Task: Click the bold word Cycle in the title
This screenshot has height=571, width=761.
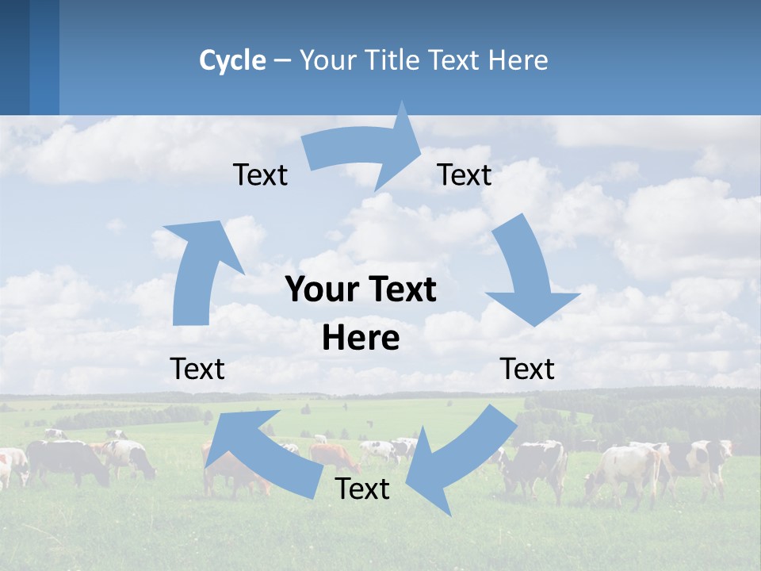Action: pyautogui.click(x=232, y=60)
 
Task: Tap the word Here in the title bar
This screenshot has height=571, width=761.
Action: pyautogui.click(x=518, y=60)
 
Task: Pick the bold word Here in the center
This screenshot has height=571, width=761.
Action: pyautogui.click(x=361, y=339)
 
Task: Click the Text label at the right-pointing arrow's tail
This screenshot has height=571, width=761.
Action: pyautogui.click(x=260, y=175)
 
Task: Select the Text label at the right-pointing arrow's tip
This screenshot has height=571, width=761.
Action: pyautogui.click(x=465, y=175)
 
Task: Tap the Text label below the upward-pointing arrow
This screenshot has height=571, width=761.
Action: pyautogui.click(x=197, y=369)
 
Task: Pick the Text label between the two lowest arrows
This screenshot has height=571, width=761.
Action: pyautogui.click(x=362, y=489)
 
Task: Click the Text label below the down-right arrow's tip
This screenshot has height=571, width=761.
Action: pyautogui.click(x=527, y=369)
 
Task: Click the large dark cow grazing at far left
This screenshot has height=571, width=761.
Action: pyautogui.click(x=67, y=460)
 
